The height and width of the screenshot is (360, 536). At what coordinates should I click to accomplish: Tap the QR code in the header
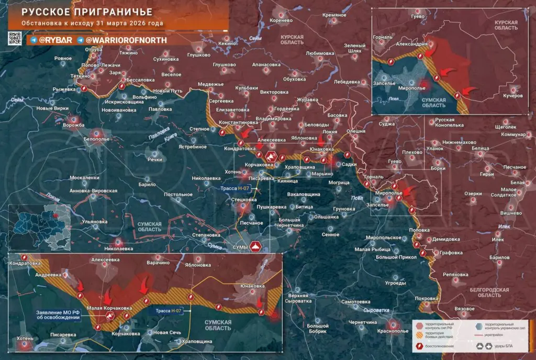click(15, 38)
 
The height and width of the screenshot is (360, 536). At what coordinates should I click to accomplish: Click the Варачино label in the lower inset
click(159, 262)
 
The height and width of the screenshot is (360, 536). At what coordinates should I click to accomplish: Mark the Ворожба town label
click(74, 125)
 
